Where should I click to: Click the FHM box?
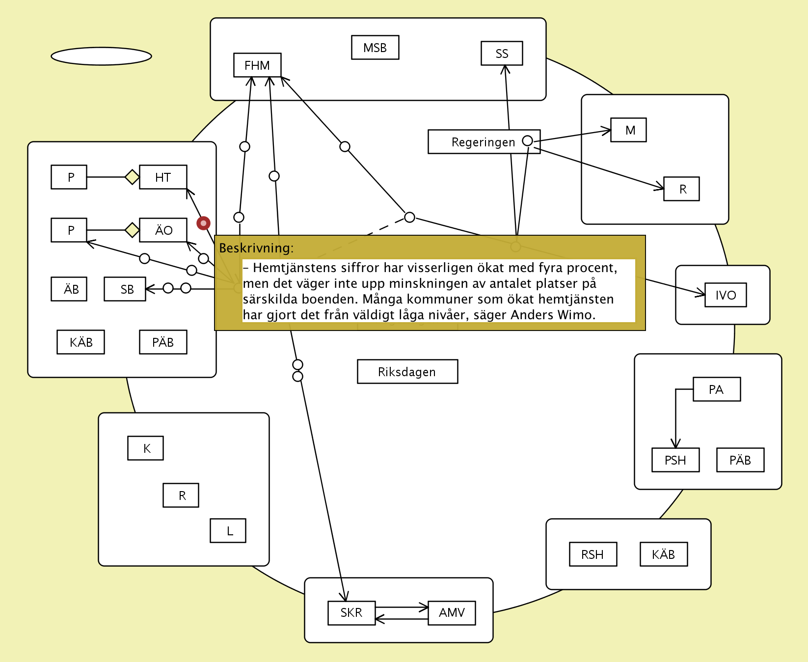tap(257, 65)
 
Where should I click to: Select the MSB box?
tap(375, 48)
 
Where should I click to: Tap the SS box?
tap(502, 54)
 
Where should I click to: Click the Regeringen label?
tap(483, 142)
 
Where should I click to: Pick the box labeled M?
tap(628, 130)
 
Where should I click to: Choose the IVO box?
tap(726, 295)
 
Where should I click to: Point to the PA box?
tap(716, 389)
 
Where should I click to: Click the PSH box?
tap(675, 460)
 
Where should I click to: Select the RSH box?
tap(593, 554)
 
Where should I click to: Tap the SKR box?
tap(351, 613)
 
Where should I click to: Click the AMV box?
tap(452, 613)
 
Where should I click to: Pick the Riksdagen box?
tap(407, 372)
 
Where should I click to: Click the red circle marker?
tap(203, 223)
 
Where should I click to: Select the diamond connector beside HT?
tap(132, 177)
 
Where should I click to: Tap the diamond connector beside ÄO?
tap(132, 230)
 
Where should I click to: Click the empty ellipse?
tap(101, 56)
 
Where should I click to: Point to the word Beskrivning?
tap(256, 248)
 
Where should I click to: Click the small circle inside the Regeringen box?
tap(527, 141)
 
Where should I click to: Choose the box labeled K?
tap(146, 448)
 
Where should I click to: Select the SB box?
tap(125, 289)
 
